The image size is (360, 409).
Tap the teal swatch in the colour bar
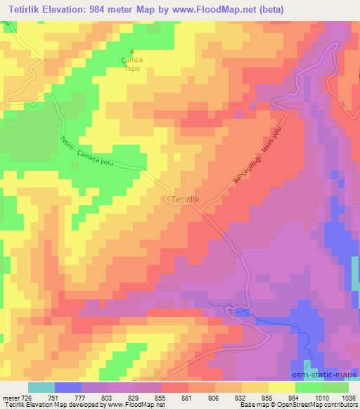pyautogui.click(x=41, y=387)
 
